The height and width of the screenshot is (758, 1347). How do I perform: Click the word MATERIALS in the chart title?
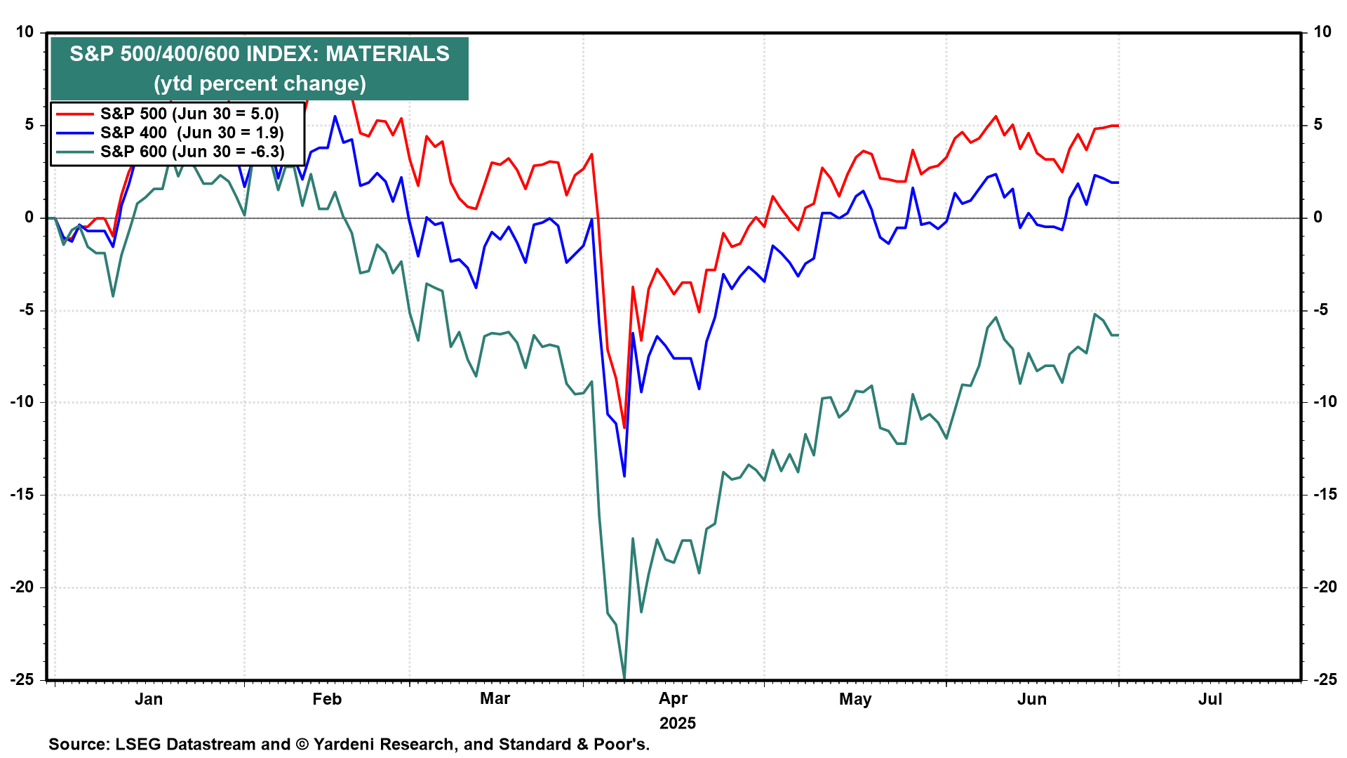click(x=387, y=54)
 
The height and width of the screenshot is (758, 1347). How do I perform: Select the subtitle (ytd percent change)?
click(x=260, y=84)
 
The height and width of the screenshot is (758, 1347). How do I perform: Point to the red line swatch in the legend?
click(x=75, y=114)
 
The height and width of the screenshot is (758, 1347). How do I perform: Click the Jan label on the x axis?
click(x=149, y=699)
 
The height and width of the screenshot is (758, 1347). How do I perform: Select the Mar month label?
click(x=495, y=699)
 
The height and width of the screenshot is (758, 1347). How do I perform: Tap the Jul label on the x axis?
click(x=1210, y=699)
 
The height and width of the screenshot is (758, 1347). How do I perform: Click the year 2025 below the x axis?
click(x=678, y=724)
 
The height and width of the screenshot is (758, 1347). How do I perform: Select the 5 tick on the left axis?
click(x=29, y=125)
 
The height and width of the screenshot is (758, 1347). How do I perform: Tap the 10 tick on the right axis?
click(x=1322, y=32)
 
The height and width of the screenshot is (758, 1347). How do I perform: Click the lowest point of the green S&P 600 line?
click(x=624, y=679)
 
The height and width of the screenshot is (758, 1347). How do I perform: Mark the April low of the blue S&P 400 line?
click(x=624, y=477)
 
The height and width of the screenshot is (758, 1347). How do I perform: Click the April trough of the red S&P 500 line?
click(x=624, y=428)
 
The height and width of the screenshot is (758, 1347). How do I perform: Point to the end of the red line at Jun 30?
click(x=1118, y=126)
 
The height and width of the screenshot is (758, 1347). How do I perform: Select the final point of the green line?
click(x=1118, y=335)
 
